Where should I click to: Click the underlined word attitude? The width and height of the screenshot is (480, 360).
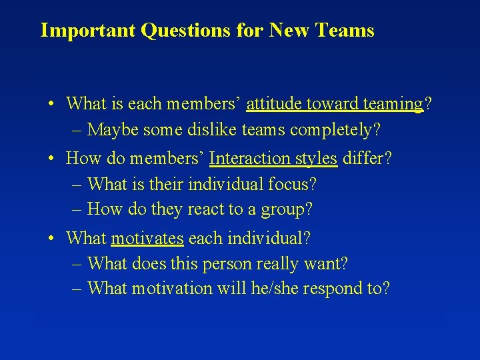(x=272, y=104)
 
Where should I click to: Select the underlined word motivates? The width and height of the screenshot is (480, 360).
(x=147, y=238)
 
